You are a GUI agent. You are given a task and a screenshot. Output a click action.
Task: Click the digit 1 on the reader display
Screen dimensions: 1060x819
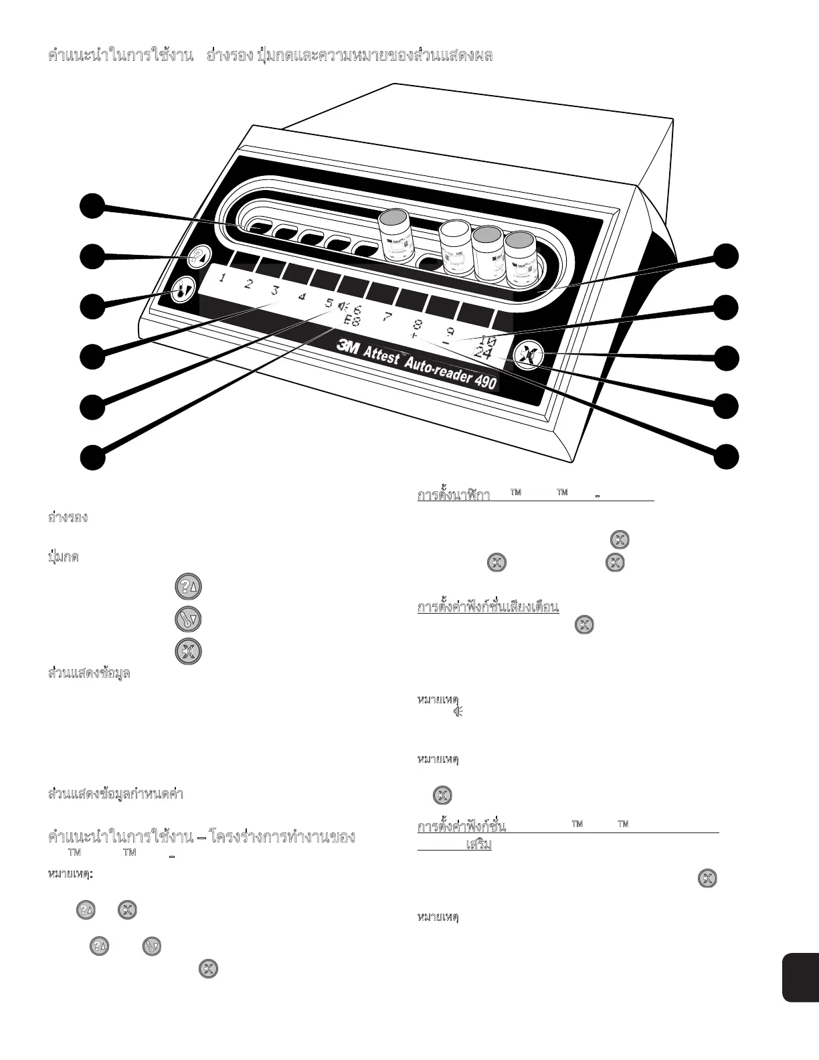221,278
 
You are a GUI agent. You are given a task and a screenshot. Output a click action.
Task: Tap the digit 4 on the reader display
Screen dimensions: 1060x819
302,296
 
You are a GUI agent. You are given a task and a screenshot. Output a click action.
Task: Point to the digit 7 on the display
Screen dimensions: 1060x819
387,316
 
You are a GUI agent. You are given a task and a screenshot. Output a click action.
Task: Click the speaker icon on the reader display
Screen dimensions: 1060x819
343,306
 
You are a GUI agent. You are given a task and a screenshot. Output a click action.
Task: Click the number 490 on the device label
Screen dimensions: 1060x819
482,381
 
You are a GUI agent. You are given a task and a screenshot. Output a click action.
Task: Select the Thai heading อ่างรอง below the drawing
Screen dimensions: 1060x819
68,517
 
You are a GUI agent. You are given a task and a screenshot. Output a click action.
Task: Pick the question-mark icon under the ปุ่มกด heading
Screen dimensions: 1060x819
188,587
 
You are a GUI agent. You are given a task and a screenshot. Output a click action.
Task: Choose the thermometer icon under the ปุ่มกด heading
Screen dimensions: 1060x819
188,619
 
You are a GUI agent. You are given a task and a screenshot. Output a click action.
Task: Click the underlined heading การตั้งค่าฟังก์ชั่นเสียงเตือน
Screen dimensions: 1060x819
488,607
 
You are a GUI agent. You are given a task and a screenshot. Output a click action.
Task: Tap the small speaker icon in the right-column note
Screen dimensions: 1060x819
458,711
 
